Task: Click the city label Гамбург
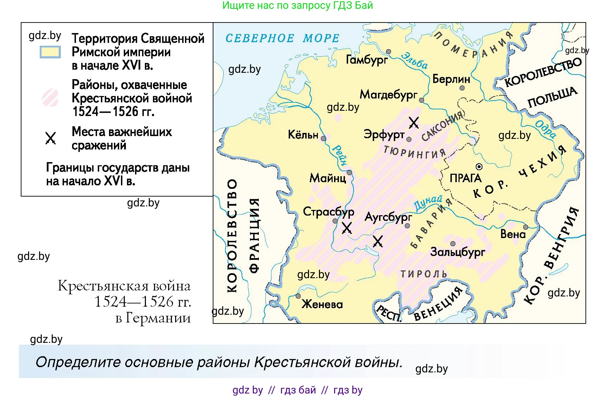[367, 60]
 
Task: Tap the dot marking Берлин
[462, 88]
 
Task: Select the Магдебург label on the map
[388, 95]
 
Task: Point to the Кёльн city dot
[323, 139]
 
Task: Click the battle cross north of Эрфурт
[414, 123]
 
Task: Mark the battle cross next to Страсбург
[347, 228]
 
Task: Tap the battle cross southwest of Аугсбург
[378, 241]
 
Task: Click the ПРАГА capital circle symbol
[479, 166]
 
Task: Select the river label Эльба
[415, 60]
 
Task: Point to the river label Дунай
[428, 203]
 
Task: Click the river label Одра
[546, 129]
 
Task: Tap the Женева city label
[322, 304]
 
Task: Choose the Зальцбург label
[457, 252]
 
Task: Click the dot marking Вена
[525, 227]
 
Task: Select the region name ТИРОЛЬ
[424, 274]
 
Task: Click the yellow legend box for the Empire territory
[50, 52]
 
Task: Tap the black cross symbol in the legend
[51, 138]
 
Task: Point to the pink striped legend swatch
[50, 97]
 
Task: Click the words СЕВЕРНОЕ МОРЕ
[282, 38]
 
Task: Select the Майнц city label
[328, 178]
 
